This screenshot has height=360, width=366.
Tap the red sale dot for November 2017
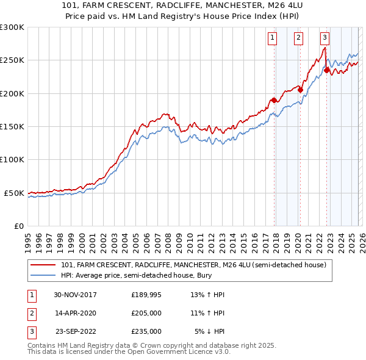[x=274, y=100]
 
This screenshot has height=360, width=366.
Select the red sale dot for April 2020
[x=300, y=90]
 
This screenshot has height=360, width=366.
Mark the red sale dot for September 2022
[x=326, y=70]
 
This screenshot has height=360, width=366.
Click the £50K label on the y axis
[x=14, y=193]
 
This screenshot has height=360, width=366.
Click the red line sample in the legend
[x=43, y=265]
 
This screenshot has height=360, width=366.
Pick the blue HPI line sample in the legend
[x=43, y=276]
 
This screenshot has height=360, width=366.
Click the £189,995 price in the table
[x=146, y=295]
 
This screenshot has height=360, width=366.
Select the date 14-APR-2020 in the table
[x=76, y=313]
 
